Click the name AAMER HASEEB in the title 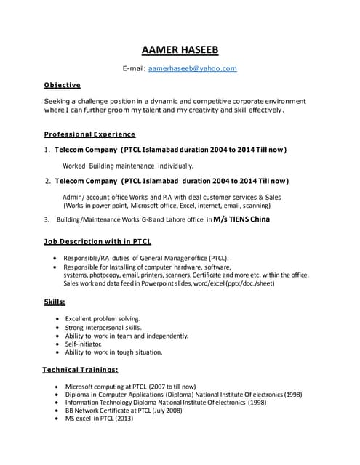point(179,50)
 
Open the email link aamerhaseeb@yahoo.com point(193,68)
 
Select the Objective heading point(63,84)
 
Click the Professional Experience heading point(89,134)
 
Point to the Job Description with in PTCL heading point(98,240)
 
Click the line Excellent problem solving point(103,318)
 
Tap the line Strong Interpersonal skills point(103,327)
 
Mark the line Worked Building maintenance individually point(128,166)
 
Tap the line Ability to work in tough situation point(113,352)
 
